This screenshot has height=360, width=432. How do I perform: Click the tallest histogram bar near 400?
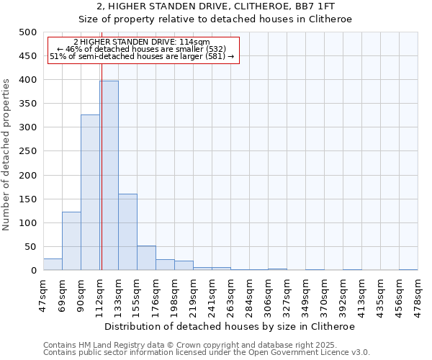click(109, 176)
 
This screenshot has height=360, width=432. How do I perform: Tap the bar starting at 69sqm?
click(71, 241)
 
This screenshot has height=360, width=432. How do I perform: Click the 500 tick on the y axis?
click(27, 32)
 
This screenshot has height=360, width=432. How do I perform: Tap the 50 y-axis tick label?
click(30, 247)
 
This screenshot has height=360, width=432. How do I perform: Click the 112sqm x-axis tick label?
click(100, 292)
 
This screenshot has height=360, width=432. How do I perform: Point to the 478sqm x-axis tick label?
click(418, 292)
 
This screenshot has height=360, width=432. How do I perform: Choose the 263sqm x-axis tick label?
click(231, 292)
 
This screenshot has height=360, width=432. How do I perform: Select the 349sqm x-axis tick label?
click(306, 292)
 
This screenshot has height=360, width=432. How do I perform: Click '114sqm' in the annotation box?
click(194, 42)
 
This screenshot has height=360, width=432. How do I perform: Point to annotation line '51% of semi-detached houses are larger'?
click(142, 56)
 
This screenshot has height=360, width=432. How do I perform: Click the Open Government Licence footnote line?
click(207, 353)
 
